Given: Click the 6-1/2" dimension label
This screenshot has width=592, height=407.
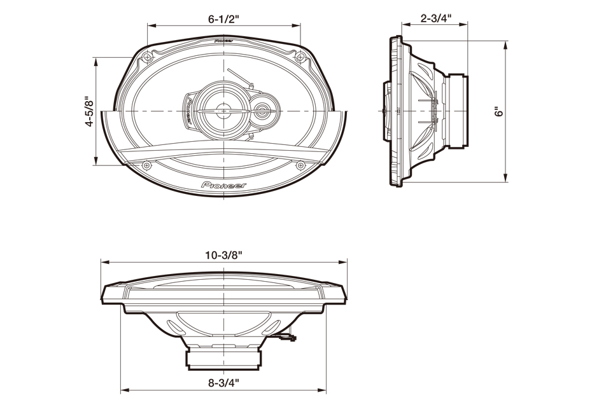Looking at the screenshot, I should tap(223, 19).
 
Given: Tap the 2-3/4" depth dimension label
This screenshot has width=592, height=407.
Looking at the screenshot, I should tap(435, 18).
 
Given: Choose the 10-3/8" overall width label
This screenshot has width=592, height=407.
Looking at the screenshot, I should tap(223, 255).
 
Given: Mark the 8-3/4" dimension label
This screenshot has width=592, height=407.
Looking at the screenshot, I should tap(223, 383).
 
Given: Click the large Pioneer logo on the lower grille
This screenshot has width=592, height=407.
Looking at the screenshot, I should tap(223, 185).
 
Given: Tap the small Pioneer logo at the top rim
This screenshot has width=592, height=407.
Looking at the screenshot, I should tap(223, 41).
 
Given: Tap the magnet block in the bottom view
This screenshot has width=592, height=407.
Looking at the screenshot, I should tap(223, 359).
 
